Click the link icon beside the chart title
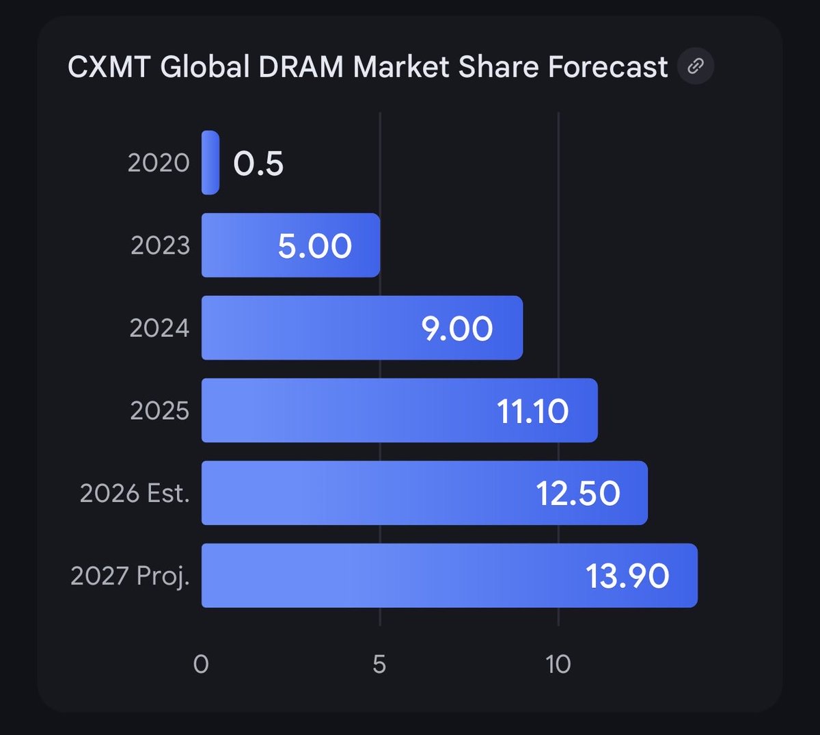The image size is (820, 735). pyautogui.click(x=696, y=66)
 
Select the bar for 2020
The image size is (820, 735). pyautogui.click(x=210, y=163)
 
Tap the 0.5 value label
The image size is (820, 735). pyautogui.click(x=258, y=163)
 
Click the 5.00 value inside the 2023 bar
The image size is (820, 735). pyautogui.click(x=315, y=246)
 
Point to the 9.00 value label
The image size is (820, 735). pyautogui.click(x=457, y=329)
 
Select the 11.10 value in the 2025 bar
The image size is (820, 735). pyautogui.click(x=532, y=412)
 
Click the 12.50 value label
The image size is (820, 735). pyautogui.click(x=578, y=494)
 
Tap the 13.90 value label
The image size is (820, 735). pyautogui.click(x=627, y=576)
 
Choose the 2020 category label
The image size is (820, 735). pyautogui.click(x=159, y=163)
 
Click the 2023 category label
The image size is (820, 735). pyautogui.click(x=160, y=245)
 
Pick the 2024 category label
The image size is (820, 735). pyautogui.click(x=159, y=328)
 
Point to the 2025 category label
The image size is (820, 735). pyautogui.click(x=159, y=411)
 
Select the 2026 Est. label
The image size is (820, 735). pyautogui.click(x=135, y=493)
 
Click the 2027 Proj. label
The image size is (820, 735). pyautogui.click(x=130, y=576)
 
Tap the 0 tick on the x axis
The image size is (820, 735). pyautogui.click(x=201, y=664)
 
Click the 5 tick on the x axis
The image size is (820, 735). pyautogui.click(x=379, y=664)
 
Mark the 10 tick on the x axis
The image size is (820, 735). pyautogui.click(x=558, y=664)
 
